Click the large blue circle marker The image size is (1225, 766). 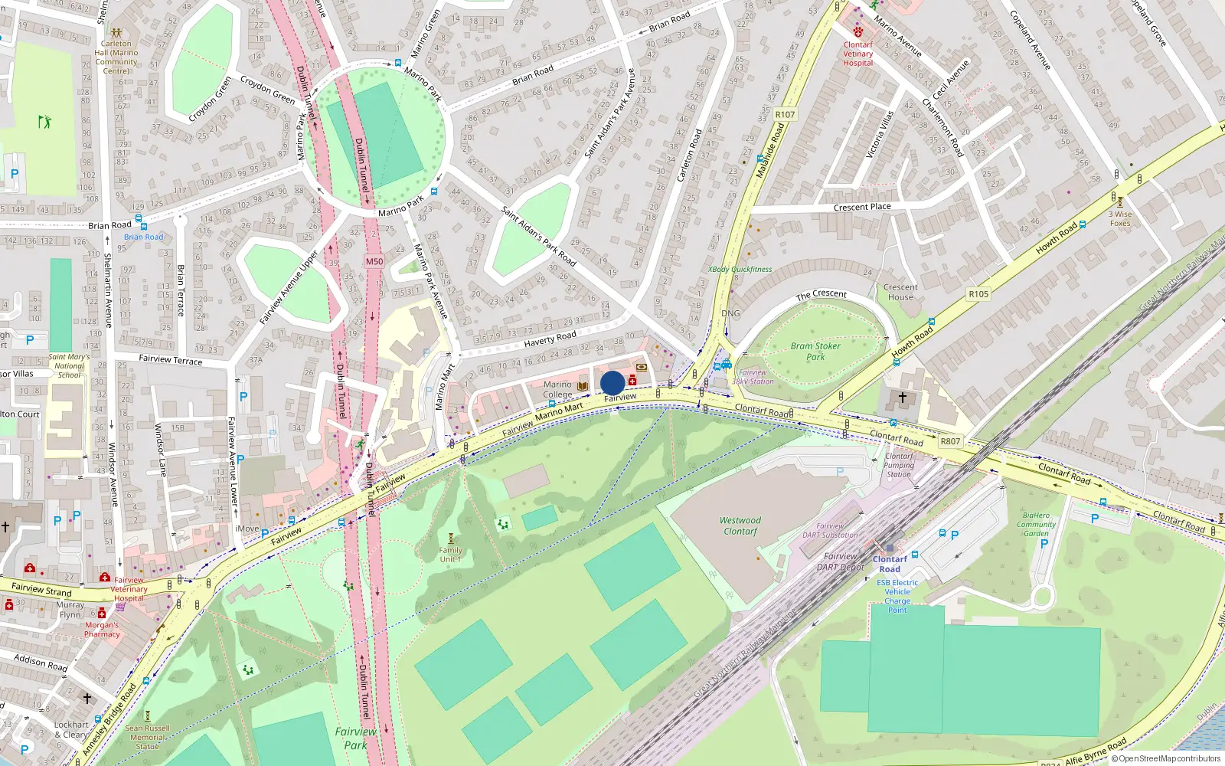[612, 383]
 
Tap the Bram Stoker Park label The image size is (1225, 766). [815, 351]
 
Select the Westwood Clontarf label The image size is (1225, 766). [740, 525]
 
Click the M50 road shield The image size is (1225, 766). [374, 261]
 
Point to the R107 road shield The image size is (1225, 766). [785, 114]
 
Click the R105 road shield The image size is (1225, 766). [978, 293]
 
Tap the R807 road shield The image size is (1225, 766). [950, 441]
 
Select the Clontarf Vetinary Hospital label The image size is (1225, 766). [857, 54]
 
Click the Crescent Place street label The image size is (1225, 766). [862, 207]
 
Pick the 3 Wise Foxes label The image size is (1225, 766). [1120, 218]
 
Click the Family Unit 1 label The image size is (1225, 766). [450, 554]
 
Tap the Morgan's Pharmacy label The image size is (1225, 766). [102, 629]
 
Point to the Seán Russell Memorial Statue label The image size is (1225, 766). [147, 737]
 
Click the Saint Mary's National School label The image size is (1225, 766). [69, 365]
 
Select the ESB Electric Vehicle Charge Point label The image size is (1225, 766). [897, 596]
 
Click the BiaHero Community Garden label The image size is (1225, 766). [1036, 525]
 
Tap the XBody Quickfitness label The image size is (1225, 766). [740, 270]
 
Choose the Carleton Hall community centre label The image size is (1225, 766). [116, 57]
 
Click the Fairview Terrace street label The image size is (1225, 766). [171, 359]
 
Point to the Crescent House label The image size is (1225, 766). [900, 292]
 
